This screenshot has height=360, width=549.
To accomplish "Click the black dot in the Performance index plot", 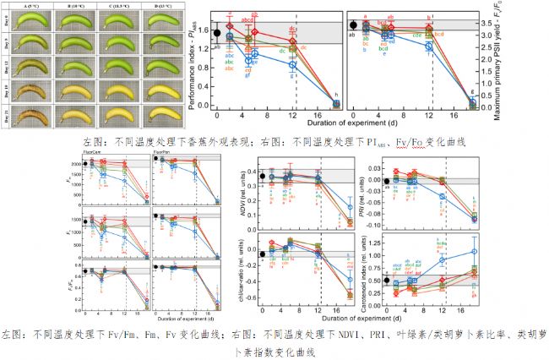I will click(x=217, y=34).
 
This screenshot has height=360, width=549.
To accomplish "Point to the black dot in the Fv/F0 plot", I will click(x=353, y=25).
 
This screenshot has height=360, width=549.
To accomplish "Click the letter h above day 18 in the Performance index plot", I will click(x=337, y=94).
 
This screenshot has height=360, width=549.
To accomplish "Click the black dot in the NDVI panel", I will click(x=264, y=177).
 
